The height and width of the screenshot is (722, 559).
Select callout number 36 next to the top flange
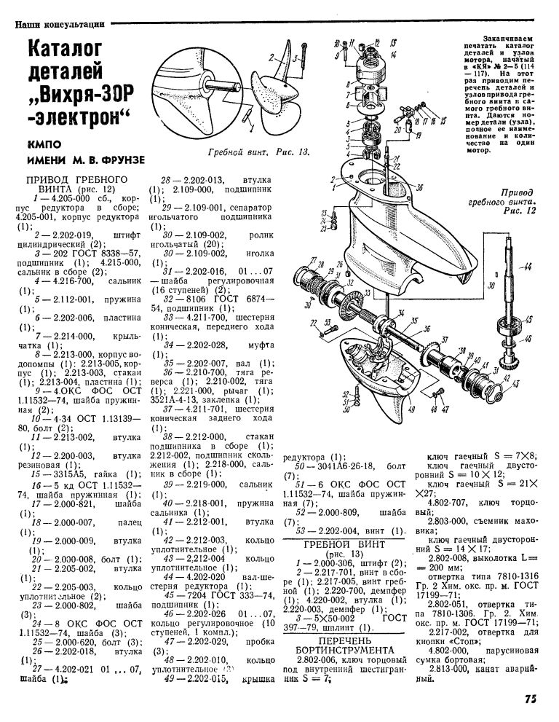(x=419, y=187)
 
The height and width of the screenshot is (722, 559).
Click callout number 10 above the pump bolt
(x=338, y=42)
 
